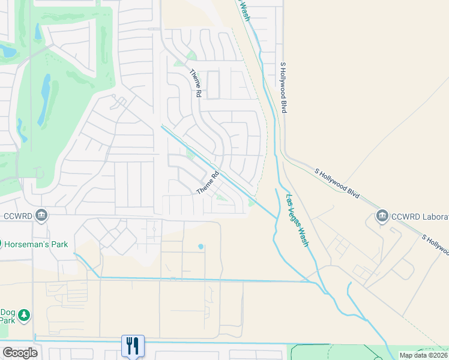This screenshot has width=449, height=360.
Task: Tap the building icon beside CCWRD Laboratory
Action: [x=382, y=215]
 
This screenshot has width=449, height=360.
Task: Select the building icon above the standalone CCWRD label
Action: [x=41, y=215]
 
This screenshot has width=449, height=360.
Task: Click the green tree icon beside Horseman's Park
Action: [x=1, y=244]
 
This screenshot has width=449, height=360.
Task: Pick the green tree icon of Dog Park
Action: [x=23, y=315]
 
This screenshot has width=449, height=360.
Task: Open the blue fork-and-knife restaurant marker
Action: [x=133, y=346]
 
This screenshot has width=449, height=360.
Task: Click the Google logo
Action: [x=20, y=353]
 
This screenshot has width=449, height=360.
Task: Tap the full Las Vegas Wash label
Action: [x=297, y=220]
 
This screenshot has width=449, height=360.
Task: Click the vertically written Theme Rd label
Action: [x=195, y=83]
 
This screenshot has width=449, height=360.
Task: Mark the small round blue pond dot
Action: [x=200, y=247]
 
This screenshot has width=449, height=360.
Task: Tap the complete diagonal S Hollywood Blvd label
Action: [x=337, y=183]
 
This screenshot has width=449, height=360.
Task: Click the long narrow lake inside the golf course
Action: [x=44, y=100]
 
